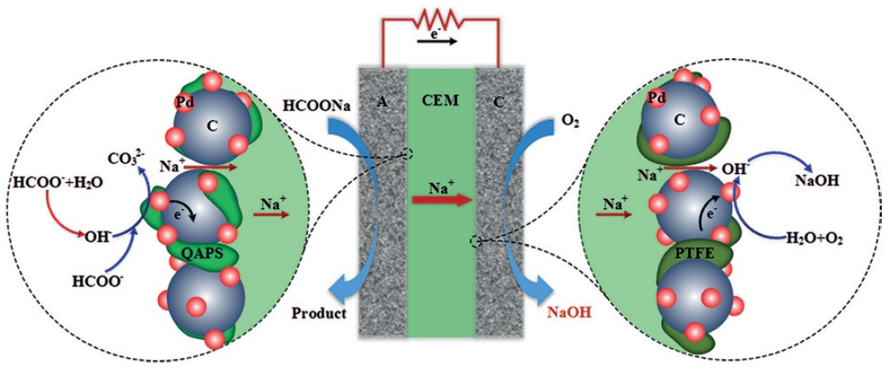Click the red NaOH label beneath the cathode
569,314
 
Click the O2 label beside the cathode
569,121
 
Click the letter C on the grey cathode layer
500,101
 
